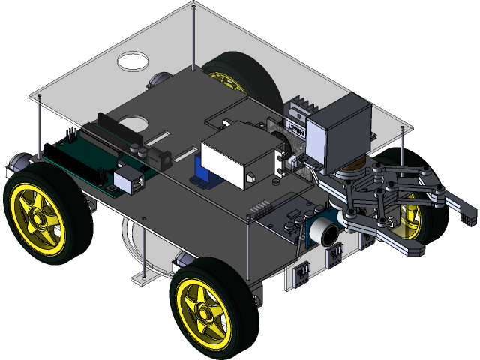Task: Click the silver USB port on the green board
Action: (x=128, y=181)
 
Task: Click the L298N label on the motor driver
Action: (x=295, y=128)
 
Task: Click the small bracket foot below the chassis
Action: (x=139, y=278)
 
